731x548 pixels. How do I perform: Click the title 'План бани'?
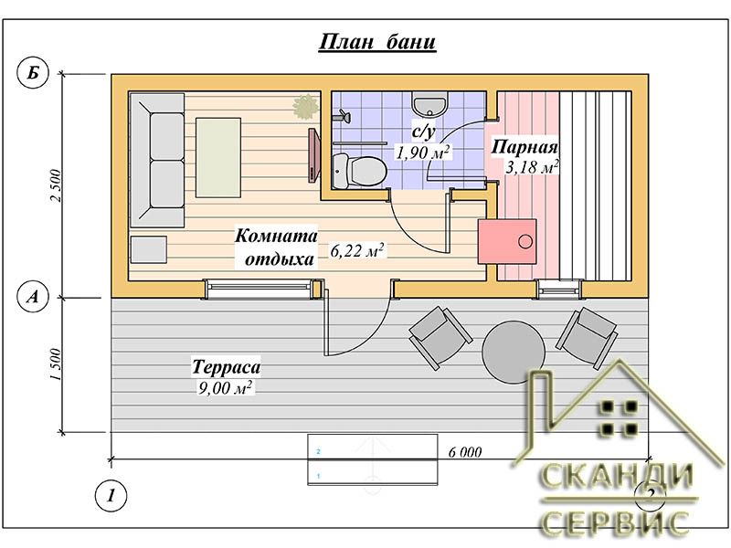tap(377, 42)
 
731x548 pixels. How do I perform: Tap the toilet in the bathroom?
tap(360, 171)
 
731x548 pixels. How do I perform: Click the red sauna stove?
tap(507, 241)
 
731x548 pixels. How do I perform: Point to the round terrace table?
tap(514, 351)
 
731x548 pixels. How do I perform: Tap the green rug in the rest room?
tap(218, 157)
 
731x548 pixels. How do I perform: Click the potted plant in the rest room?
tap(306, 106)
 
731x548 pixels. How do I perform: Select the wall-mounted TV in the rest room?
tap(313, 154)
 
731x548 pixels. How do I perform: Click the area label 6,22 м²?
tap(357, 250)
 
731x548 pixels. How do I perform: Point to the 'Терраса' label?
tap(226, 367)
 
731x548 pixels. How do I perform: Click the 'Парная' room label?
tap(524, 147)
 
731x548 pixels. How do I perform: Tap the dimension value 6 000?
tap(465, 451)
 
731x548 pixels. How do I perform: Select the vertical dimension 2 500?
tap(56, 185)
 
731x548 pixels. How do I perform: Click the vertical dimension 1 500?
tap(56, 364)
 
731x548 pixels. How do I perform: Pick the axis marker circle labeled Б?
tap(33, 73)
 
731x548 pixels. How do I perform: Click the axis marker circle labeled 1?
tap(111, 495)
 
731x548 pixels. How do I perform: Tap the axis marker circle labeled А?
tap(33, 296)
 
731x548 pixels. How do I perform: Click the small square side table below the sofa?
tap(148, 249)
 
